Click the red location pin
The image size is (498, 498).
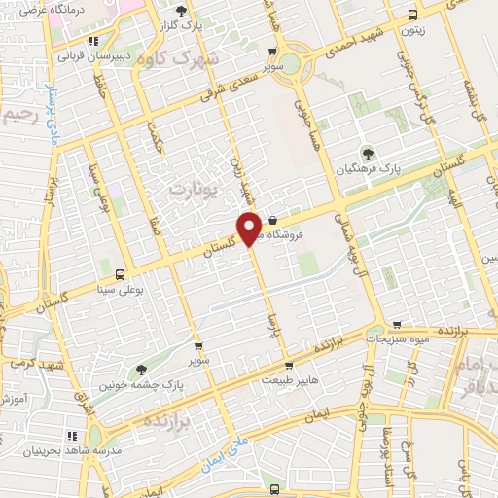click(x=249, y=228)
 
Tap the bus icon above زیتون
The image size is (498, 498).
click(x=413, y=15)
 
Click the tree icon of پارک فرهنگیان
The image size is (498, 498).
click(x=368, y=152)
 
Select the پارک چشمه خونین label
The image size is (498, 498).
click(x=144, y=385)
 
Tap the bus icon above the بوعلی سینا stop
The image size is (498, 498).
click(x=120, y=275)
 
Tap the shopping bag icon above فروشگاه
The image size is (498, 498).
click(x=273, y=219)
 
